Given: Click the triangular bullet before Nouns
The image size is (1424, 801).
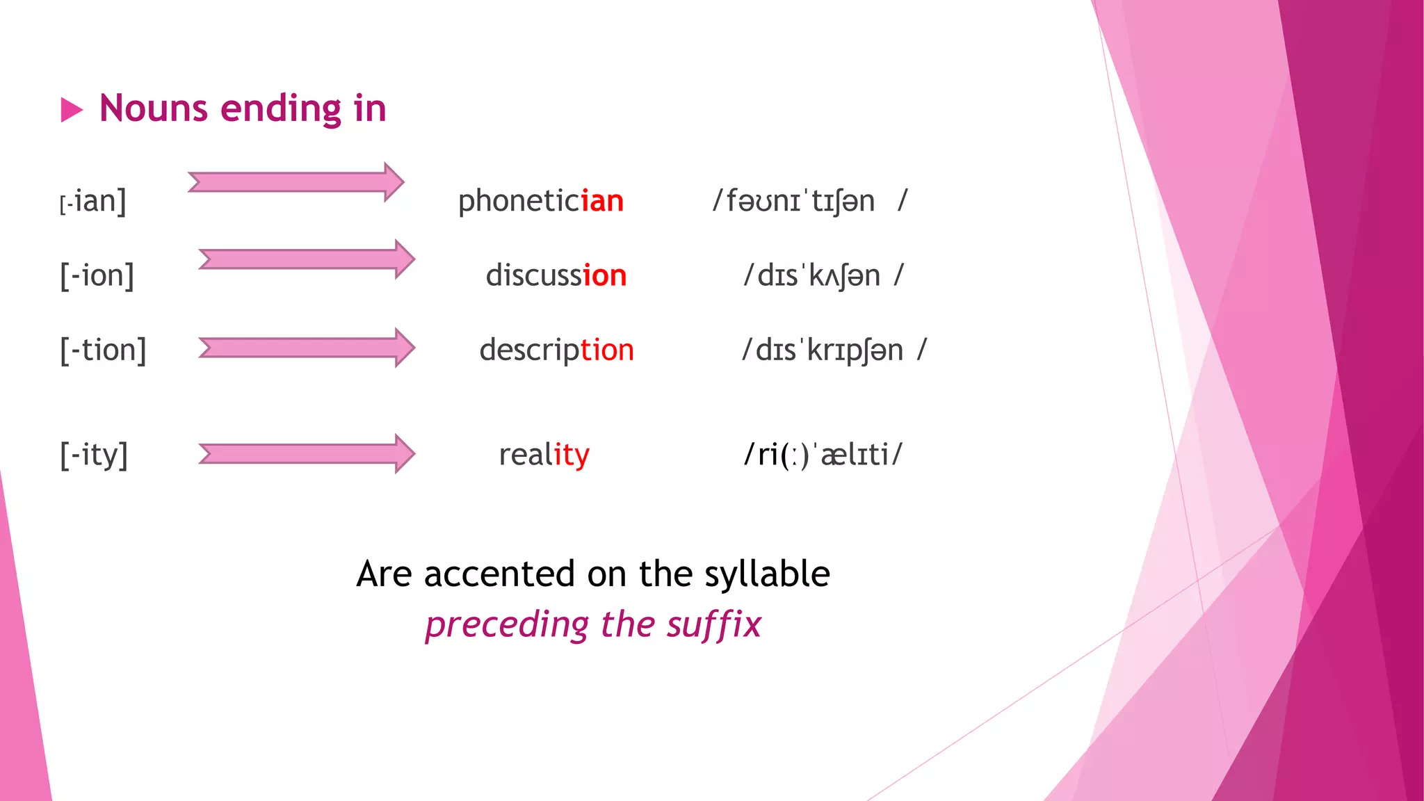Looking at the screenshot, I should (72, 110).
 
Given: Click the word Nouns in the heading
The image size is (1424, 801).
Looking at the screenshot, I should (154, 109).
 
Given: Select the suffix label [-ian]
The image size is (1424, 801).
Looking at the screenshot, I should (93, 202).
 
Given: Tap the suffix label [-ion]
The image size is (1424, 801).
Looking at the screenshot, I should (97, 275).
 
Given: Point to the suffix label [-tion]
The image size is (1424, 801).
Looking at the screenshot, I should (103, 350).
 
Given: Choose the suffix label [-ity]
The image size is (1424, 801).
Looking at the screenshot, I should (94, 455).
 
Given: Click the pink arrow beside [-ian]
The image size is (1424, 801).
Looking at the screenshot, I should (296, 182).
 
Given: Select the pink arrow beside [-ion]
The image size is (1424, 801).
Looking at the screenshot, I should (307, 259).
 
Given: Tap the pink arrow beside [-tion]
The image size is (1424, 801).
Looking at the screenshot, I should (307, 348).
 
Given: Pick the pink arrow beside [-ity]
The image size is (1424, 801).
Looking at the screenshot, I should (307, 454).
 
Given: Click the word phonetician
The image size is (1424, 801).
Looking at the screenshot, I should (540, 202).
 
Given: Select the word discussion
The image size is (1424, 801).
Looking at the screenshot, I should (556, 275).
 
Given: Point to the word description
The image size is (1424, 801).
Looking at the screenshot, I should (556, 350).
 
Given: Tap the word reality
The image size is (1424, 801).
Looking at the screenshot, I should (544, 455).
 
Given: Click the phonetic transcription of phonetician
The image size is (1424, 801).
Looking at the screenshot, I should (809, 202).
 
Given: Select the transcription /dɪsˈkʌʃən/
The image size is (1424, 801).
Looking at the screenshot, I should (823, 275).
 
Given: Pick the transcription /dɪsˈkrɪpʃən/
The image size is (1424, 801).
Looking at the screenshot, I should (834, 350).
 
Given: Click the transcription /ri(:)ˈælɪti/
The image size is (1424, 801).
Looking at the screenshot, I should (823, 455).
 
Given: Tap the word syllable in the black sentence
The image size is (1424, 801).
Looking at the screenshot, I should (766, 575).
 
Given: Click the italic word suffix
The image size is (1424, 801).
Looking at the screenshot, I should (713, 624).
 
